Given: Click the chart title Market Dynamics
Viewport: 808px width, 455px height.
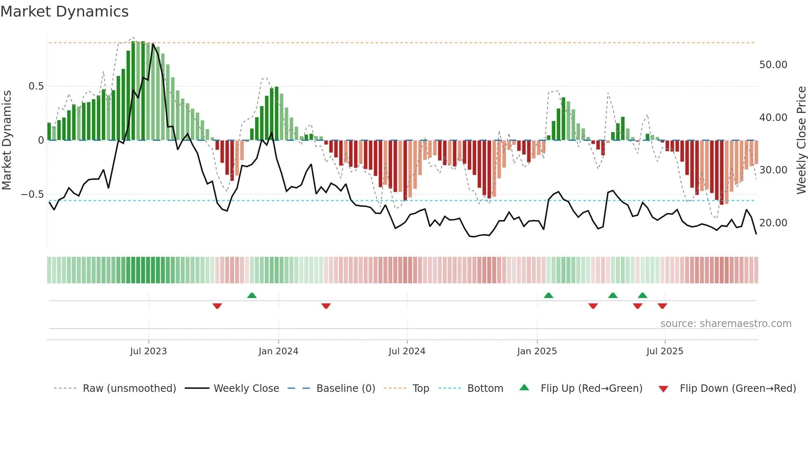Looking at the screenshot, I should coord(64,12).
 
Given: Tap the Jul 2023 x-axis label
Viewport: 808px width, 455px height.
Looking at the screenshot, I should coord(148,351).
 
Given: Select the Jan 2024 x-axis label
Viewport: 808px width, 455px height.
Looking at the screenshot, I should coord(278,351).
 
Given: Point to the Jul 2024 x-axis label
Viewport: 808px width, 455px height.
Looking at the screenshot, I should coord(407,351).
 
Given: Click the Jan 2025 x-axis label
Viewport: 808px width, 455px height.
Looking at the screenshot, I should coord(537,351).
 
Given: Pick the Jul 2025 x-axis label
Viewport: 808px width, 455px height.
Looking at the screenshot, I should coord(665,351).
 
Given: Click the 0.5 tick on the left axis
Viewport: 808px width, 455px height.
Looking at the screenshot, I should coord(36,86).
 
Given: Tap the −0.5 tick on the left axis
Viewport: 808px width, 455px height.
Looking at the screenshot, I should coord(32,194).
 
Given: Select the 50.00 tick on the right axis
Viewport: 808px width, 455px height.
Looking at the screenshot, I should coord(773,65).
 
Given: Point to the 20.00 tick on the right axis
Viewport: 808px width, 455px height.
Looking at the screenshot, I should coord(773,223).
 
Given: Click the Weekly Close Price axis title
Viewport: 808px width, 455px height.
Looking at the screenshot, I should coord(801,140).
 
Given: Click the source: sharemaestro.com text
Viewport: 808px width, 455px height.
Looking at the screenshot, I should coord(726,324).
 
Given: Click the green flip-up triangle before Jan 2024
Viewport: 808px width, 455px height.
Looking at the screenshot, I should coord(252,295).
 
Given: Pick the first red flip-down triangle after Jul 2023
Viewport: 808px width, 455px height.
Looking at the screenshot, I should coord(217,306).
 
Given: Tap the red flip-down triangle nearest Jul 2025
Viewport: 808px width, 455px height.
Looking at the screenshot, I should coord(662,306).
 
